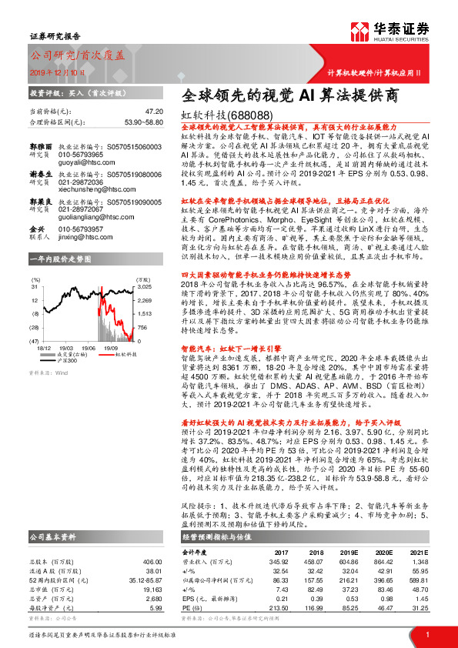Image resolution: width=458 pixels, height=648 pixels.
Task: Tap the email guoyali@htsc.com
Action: (x=84, y=163)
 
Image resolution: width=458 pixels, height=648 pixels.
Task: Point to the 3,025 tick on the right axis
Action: (x=143, y=286)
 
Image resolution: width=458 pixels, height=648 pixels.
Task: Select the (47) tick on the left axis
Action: (x=35, y=340)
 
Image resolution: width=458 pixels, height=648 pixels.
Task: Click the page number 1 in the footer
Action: (x=427, y=634)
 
